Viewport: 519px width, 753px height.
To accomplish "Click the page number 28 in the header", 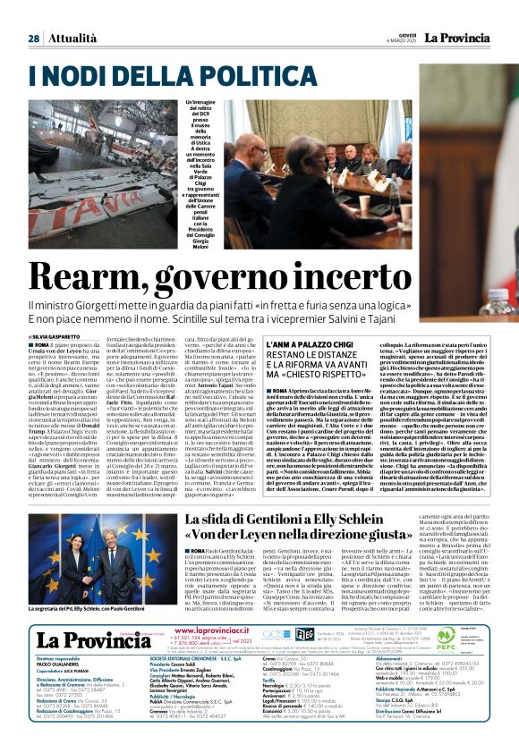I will pos(33,38).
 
